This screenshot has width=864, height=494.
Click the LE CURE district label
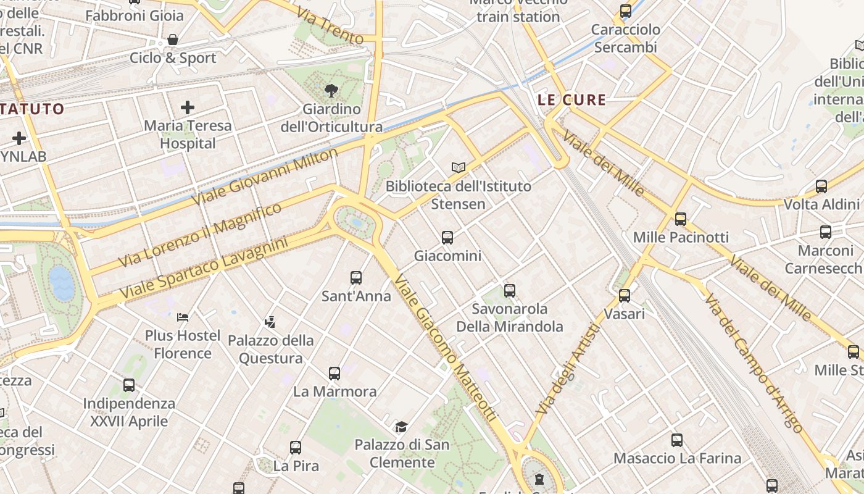[x=571, y=99]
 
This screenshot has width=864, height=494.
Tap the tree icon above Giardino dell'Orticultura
[x=331, y=91]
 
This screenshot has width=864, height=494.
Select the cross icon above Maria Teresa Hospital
[x=188, y=107]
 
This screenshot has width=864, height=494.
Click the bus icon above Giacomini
[x=447, y=237]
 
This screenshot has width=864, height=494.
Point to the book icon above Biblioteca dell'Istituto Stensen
[x=458, y=167]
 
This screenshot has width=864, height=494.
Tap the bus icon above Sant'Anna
[x=356, y=278]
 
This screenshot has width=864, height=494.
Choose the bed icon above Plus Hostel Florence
[x=183, y=317]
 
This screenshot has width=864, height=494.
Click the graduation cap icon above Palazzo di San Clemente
[x=402, y=427]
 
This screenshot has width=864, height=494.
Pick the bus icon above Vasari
[x=625, y=296]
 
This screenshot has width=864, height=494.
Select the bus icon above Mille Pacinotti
[x=681, y=219]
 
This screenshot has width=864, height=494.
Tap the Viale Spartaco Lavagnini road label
[x=204, y=269]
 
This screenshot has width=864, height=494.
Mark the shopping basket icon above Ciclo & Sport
[x=173, y=40]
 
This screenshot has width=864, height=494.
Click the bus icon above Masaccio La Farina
[x=677, y=440]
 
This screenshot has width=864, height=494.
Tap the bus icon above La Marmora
[x=334, y=374]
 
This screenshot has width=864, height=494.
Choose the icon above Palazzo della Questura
[x=270, y=322]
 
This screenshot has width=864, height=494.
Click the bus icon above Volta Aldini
[x=821, y=186]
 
